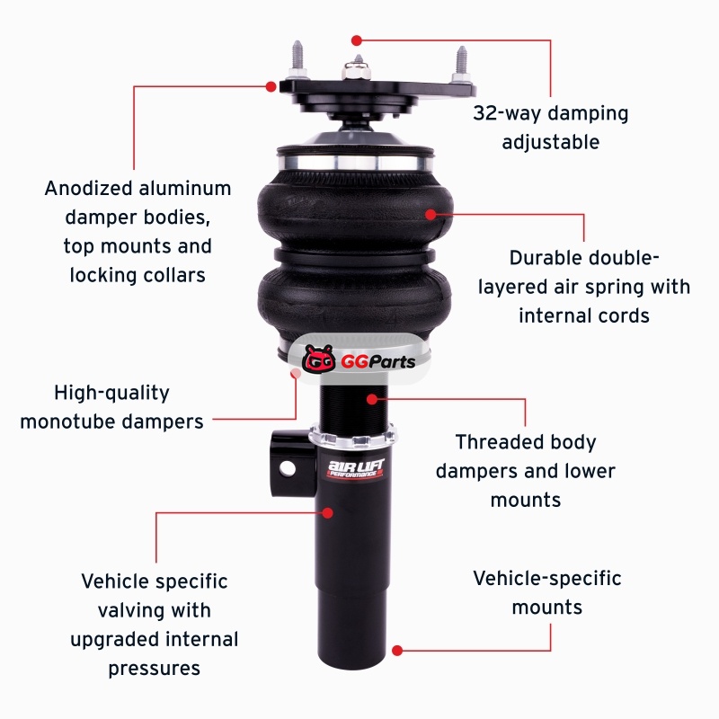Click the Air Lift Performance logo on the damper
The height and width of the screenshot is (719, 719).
356,468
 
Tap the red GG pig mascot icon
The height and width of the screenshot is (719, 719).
319,359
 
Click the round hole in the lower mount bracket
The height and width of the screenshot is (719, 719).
288,468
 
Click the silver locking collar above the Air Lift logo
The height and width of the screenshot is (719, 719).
353,436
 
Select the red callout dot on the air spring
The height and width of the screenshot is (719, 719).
431,214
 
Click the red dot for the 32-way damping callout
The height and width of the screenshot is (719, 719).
357,40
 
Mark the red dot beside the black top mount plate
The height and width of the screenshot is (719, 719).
271,86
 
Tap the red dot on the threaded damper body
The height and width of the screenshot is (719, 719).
372,399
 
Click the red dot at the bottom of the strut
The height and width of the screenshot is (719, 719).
397,650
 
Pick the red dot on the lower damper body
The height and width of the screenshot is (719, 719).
327,512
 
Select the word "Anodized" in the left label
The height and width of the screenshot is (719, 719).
88,189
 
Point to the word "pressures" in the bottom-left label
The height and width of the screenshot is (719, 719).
154,669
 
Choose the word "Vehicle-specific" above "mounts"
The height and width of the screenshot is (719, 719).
547,579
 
